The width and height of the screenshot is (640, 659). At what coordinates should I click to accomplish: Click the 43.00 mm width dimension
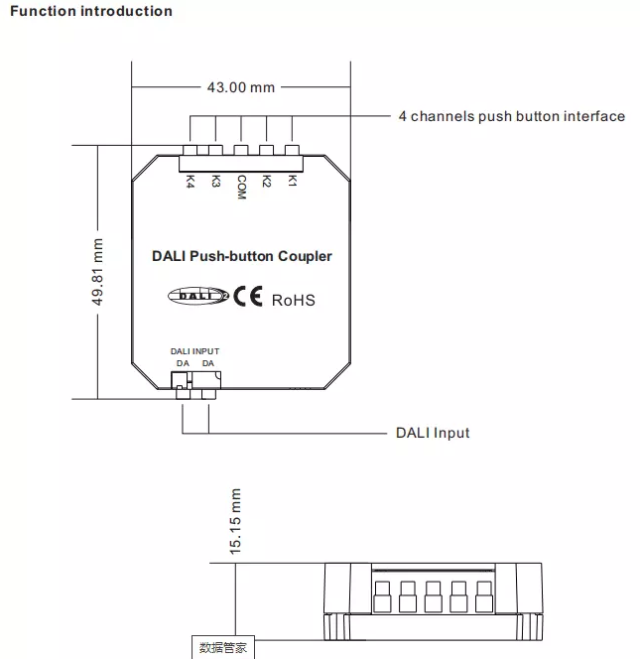coord(240,87)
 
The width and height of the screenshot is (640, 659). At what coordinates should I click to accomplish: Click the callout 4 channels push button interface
coord(512,116)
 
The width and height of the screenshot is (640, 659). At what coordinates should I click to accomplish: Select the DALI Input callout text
coord(433,433)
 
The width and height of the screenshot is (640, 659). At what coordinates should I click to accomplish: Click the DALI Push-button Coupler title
coord(242,256)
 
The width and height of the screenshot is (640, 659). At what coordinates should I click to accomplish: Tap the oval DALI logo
coord(198,295)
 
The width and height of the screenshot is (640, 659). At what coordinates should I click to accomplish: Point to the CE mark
coord(248,296)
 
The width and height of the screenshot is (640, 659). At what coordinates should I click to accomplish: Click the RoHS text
coord(294,299)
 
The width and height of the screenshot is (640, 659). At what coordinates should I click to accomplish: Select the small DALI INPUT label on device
coord(194,351)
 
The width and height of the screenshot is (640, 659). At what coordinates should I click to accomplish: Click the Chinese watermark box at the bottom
coord(223,648)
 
